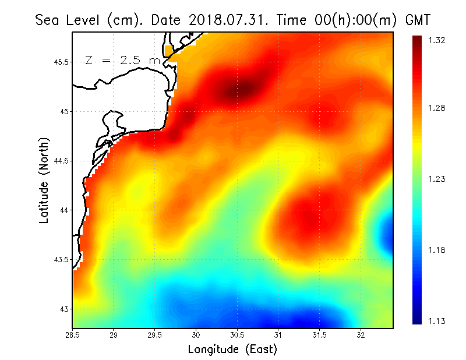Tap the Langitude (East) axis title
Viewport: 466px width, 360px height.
(232, 350)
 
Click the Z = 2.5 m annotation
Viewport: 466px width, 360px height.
(123, 61)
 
